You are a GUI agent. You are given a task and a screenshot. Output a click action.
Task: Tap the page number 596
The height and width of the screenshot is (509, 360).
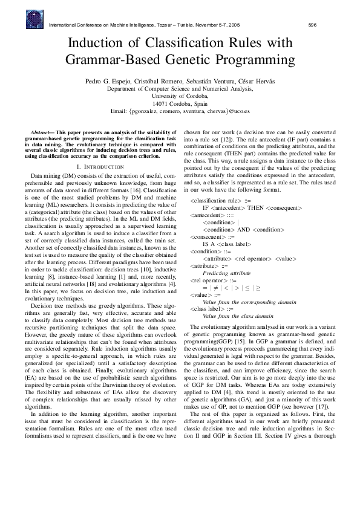[313, 25]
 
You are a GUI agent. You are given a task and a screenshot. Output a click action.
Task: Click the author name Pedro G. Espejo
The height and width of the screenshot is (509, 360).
[107, 80]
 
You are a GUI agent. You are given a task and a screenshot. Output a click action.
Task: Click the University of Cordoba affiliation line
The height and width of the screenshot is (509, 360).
[180, 96]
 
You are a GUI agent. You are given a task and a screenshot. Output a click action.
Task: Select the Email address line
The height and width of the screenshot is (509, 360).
[180, 111]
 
